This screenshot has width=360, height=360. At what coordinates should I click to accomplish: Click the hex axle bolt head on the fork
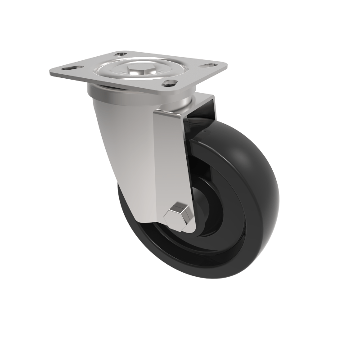pos(177,214)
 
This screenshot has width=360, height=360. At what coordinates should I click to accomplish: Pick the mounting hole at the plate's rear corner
pos(120,55)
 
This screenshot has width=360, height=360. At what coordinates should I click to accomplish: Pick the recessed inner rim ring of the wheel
pos(225,225)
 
